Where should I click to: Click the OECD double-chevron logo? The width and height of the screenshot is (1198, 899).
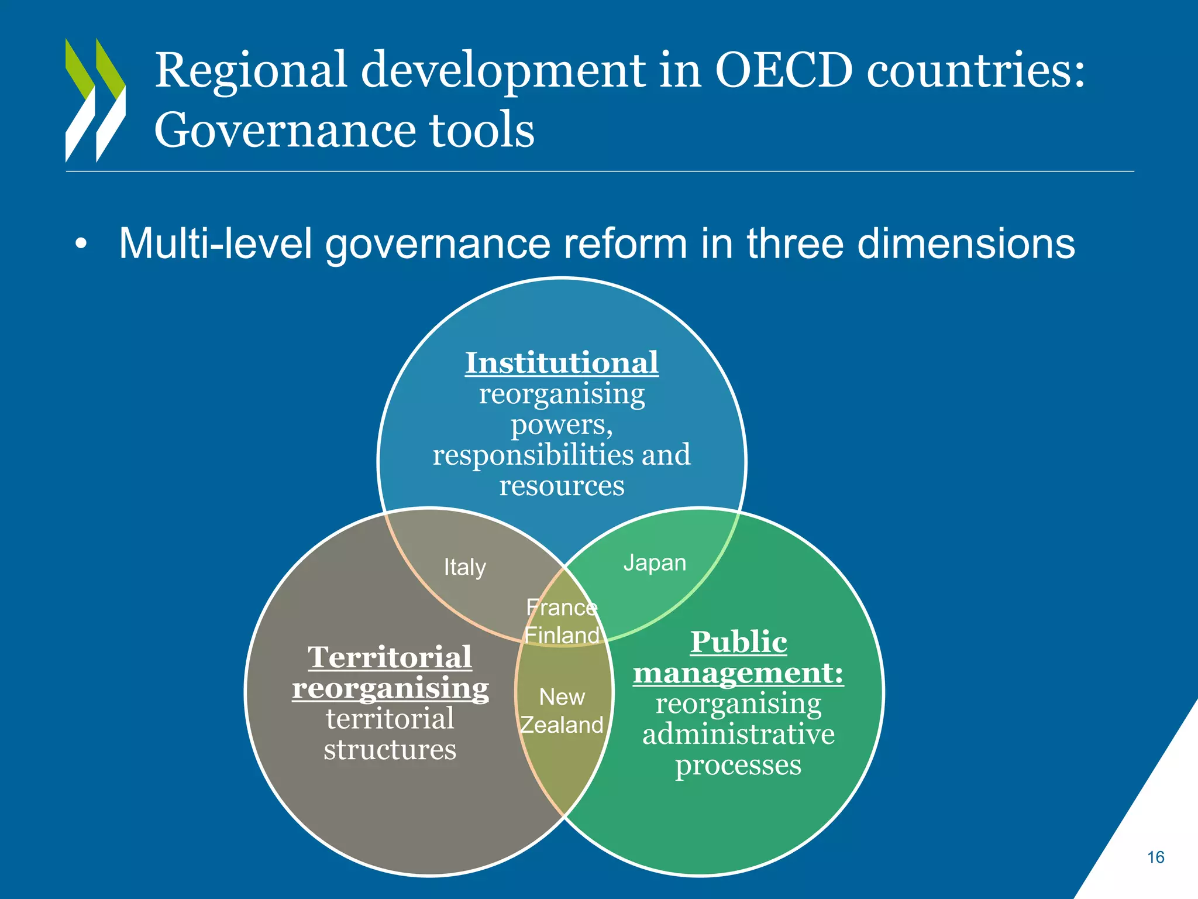click(95, 100)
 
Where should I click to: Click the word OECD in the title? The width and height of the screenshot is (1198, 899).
click(783, 71)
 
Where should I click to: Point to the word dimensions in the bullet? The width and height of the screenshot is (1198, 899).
click(966, 243)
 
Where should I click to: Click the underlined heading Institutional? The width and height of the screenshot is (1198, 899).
click(562, 363)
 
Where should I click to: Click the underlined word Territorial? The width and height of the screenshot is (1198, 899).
click(390, 657)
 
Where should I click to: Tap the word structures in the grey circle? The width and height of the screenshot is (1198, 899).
click(390, 750)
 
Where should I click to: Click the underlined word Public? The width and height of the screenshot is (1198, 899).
click(738, 642)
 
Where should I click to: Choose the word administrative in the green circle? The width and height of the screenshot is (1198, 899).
click(738, 735)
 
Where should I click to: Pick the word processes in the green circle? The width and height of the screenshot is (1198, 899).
click(738, 766)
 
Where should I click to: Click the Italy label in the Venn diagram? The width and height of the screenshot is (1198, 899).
click(464, 567)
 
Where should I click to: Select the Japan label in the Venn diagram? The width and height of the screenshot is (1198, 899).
click(655, 563)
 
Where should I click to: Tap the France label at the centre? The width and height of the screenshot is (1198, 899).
click(562, 608)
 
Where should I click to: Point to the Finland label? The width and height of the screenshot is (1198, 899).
click(562, 635)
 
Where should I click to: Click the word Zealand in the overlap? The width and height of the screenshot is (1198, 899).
click(562, 725)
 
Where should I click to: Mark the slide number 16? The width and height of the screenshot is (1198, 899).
click(1155, 857)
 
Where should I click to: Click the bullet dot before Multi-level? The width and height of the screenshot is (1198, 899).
click(81, 245)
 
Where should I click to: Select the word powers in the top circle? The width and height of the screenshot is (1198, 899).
click(562, 424)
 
